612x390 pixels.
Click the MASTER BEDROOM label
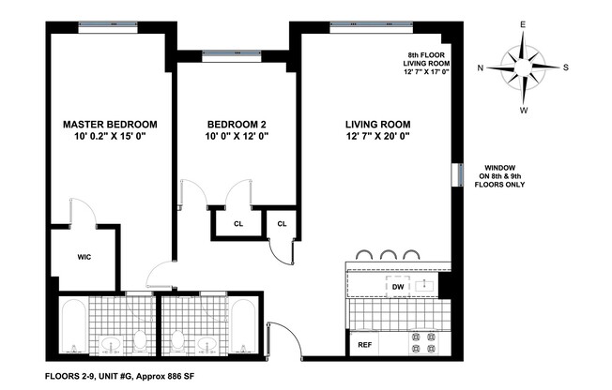pyautogui.click(x=110, y=124)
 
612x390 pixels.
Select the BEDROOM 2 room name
pyautogui.click(x=237, y=124)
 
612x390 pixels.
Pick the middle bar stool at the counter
pyautogui.click(x=389, y=253)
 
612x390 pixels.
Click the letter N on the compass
pyautogui.click(x=481, y=67)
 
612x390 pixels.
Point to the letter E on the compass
pyautogui.click(x=524, y=25)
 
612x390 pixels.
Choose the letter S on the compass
pyautogui.click(x=566, y=67)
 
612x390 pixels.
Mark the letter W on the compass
pyautogui.click(x=524, y=110)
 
